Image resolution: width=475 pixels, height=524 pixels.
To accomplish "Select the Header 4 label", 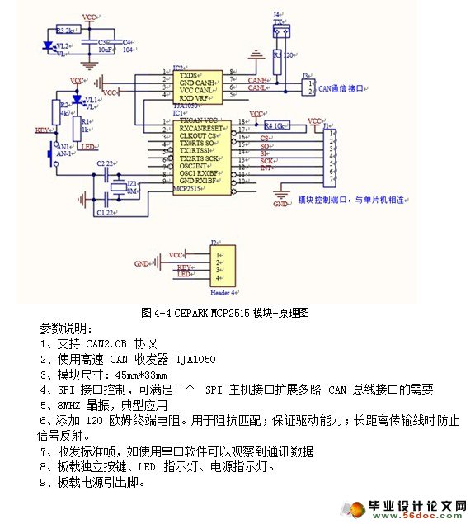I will tap(223, 292).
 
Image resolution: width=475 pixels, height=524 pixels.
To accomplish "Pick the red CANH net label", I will tap(256, 80).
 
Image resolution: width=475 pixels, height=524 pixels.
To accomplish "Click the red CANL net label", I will tap(256, 87).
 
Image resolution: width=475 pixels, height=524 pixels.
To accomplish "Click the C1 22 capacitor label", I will tap(106, 212).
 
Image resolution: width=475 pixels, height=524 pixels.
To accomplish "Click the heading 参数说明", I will tap(67, 328).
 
